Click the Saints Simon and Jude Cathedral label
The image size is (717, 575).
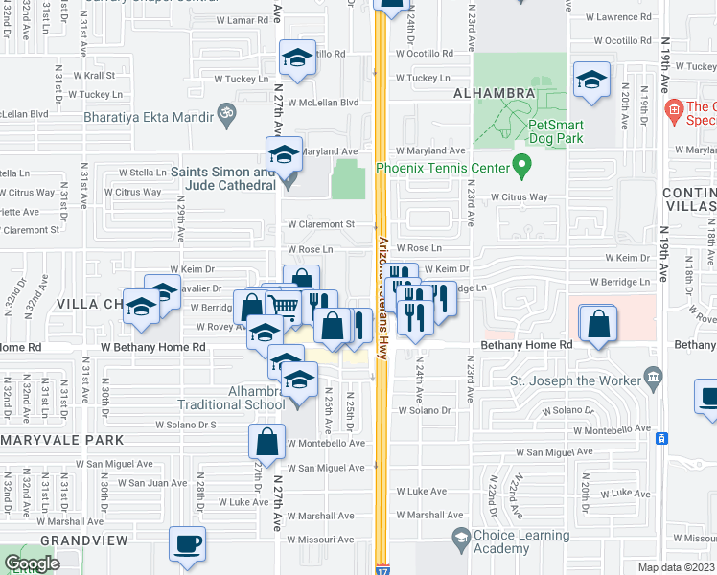click(x=223, y=178)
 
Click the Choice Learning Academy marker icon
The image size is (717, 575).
click(x=459, y=538)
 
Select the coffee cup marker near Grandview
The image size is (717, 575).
click(x=188, y=543)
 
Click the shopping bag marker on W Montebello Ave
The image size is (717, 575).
click(x=267, y=441)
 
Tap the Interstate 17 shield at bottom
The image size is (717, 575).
click(x=382, y=569)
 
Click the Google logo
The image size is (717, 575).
click(x=32, y=564)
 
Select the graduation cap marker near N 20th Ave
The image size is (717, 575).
click(x=592, y=80)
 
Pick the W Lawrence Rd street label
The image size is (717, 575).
click(x=614, y=17)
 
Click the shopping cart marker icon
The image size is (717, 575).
click(x=283, y=306)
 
